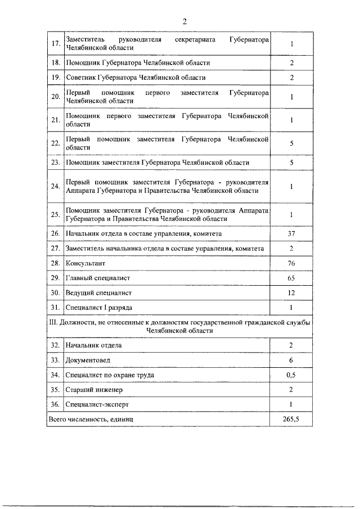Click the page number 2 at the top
(x=184, y=21)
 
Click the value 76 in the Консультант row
(x=291, y=263)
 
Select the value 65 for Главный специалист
(x=291, y=278)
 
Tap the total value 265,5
(x=291, y=420)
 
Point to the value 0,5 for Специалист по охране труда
(x=291, y=375)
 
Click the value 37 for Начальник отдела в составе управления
(x=291, y=233)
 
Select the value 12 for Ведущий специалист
(x=291, y=292)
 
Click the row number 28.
(x=55, y=263)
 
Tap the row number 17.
(x=55, y=44)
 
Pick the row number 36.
(x=55, y=404)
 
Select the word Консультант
(x=85, y=263)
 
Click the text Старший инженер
(x=94, y=389)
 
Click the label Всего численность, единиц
(x=91, y=420)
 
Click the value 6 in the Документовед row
(x=291, y=360)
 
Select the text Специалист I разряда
(x=100, y=308)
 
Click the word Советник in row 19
(x=82, y=78)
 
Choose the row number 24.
(x=55, y=186)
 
